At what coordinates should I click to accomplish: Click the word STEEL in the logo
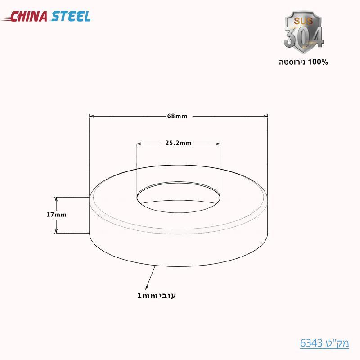71,17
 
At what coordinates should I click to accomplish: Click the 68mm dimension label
177,116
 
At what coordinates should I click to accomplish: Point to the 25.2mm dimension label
179,144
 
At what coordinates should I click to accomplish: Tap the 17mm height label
56,215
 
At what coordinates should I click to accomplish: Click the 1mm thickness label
146,296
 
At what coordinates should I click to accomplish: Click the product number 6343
310,343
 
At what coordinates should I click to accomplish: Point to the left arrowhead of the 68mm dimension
91,116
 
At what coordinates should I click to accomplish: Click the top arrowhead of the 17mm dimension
56,199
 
